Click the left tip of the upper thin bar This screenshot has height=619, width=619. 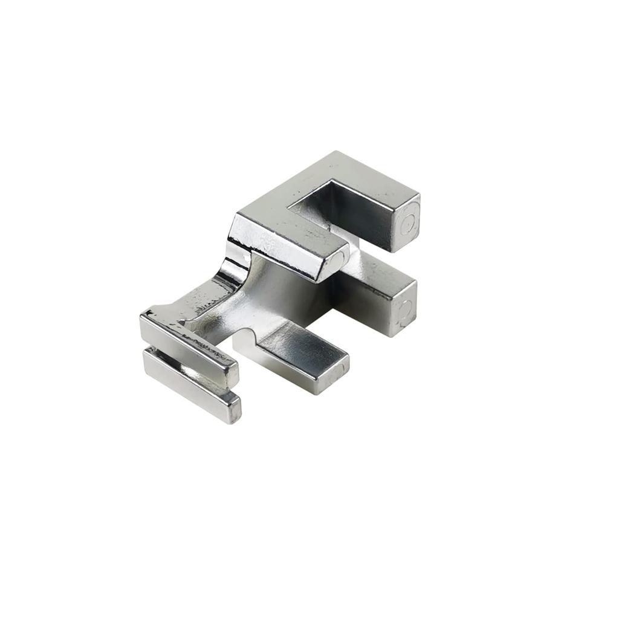click(144, 320)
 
